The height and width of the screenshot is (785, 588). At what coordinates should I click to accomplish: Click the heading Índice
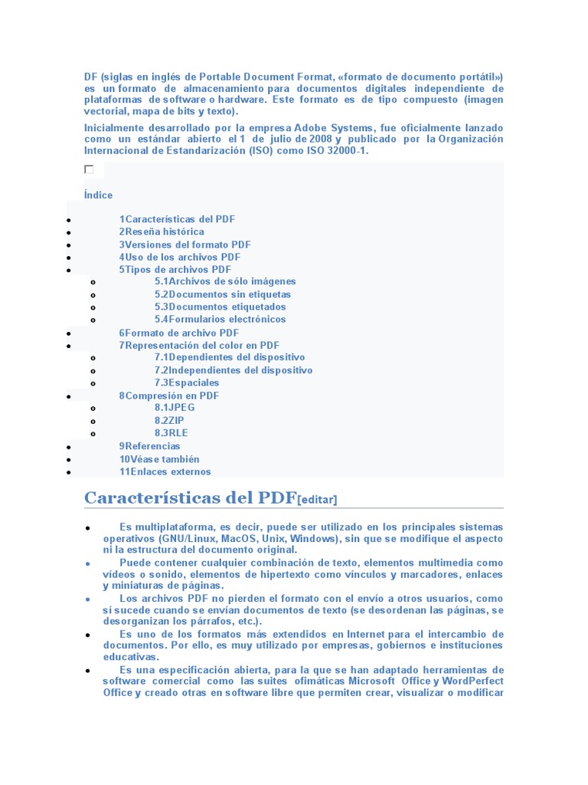[98, 195]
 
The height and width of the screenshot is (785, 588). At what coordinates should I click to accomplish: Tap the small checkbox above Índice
[89, 169]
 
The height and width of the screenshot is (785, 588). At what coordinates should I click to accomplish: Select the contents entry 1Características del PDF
[177, 219]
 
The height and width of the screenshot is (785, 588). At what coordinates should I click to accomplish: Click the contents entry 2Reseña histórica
[162, 232]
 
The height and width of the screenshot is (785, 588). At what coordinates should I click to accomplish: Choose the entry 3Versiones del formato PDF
[185, 245]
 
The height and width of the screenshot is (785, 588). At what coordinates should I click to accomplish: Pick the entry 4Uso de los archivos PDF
[179, 257]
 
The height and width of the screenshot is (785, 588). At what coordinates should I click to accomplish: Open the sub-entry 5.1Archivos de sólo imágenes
[225, 281]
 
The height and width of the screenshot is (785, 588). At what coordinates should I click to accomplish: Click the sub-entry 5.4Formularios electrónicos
[220, 319]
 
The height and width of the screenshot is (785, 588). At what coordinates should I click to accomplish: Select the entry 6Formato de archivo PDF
[178, 333]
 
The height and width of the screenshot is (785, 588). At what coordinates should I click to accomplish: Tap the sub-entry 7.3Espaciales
[187, 383]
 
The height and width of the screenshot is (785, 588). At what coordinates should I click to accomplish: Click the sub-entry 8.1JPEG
[175, 408]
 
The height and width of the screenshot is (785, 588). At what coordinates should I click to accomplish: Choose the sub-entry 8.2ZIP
[169, 420]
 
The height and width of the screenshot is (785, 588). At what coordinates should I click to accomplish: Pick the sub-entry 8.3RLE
[171, 433]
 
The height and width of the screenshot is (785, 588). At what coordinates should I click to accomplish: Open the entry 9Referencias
[149, 445]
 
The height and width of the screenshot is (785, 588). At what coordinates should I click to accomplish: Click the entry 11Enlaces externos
[165, 471]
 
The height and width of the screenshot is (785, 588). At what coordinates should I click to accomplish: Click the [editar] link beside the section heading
[316, 500]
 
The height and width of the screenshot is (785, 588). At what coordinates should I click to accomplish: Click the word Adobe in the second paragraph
[313, 127]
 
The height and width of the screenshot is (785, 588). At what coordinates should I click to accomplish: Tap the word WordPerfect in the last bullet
[469, 681]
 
